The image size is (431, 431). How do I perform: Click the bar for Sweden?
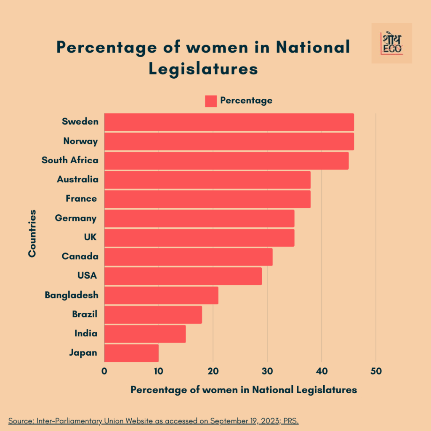click(229, 122)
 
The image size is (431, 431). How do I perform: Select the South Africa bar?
click(226, 161)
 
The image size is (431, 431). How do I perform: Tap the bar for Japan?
click(131, 353)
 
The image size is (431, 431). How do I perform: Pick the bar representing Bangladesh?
click(161, 295)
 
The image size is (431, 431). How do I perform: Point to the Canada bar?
click(188, 257)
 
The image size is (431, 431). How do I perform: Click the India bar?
click(145, 334)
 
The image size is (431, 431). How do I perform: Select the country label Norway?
click(81, 141)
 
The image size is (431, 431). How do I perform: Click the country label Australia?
click(78, 180)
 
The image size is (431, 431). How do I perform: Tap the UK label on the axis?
click(90, 237)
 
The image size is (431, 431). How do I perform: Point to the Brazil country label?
click(85, 314)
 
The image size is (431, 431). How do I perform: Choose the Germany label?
click(76, 218)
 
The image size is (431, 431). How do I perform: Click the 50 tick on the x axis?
click(376, 371)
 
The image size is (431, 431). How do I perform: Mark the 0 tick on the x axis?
click(104, 371)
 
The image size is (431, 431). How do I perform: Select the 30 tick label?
click(267, 371)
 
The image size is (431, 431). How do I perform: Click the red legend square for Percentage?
click(211, 101)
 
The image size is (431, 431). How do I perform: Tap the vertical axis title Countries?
click(32, 233)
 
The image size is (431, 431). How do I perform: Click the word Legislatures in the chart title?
click(203, 69)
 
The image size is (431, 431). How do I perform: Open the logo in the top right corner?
click(391, 43)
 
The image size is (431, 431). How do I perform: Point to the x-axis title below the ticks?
click(244, 390)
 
